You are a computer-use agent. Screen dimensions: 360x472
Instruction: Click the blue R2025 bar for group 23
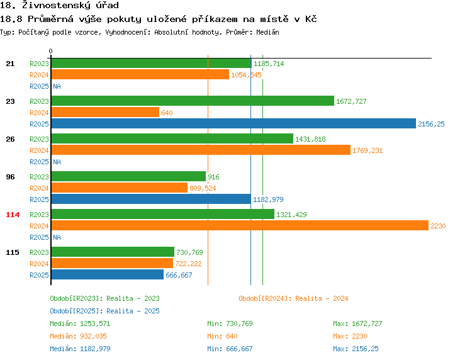pyautogui.click(x=233, y=123)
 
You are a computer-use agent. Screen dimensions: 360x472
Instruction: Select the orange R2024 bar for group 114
pyautogui.click(x=239, y=225)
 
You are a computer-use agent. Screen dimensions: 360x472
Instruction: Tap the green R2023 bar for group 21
pyautogui.click(x=150, y=63)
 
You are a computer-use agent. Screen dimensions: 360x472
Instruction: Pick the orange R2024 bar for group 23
pyautogui.click(x=104, y=112)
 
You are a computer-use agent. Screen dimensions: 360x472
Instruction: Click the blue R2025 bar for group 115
pyautogui.click(x=107, y=274)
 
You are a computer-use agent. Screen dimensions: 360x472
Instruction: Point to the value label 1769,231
pyautogui.click(x=368, y=150)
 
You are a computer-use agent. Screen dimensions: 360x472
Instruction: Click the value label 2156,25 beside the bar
pyautogui.click(x=431, y=124)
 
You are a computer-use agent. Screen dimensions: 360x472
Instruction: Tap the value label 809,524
pyautogui.click(x=203, y=188)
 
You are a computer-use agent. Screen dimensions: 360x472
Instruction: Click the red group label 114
pyautogui.click(x=13, y=215)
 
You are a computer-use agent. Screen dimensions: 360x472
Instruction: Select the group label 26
pyautogui.click(x=10, y=139)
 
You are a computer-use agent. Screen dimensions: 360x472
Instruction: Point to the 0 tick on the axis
pyautogui.click(x=51, y=51)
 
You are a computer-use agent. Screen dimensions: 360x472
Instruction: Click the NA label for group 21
pyautogui.click(x=57, y=86)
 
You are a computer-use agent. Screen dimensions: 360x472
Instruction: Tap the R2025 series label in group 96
pyautogui.click(x=39, y=200)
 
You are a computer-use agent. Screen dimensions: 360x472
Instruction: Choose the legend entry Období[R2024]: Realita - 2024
pyautogui.click(x=293, y=298)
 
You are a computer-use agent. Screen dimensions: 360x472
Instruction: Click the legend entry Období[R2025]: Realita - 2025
pyautogui.click(x=104, y=311)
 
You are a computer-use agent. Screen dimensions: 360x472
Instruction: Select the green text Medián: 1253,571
pyautogui.click(x=80, y=323)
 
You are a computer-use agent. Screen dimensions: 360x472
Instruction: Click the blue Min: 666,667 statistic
pyautogui.click(x=230, y=349)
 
